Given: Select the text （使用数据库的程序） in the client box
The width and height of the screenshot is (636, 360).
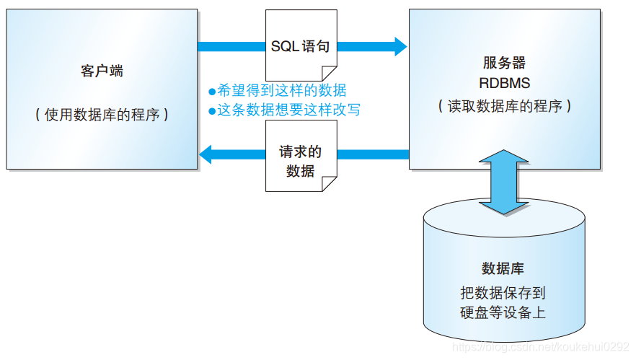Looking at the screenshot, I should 102,115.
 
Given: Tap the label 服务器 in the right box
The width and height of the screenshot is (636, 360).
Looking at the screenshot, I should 504,63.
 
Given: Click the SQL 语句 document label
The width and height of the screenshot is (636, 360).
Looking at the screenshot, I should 300,47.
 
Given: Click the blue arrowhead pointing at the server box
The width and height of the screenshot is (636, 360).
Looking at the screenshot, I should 399,47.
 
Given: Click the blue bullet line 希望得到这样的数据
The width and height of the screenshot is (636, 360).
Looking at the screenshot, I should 278,90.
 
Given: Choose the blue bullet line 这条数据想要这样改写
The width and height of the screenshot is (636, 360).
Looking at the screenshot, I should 284,110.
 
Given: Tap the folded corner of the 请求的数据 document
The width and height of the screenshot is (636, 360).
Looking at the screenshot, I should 329,185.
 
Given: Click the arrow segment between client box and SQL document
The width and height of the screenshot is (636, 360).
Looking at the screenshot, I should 231,47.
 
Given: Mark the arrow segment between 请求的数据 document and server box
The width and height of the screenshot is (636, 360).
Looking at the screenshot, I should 373,154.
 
